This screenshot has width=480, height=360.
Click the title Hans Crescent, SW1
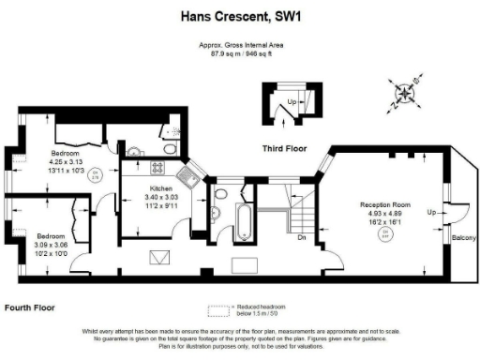click(239, 16)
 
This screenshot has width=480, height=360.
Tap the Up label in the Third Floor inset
click(292, 101)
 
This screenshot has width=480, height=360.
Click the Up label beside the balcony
click(431, 213)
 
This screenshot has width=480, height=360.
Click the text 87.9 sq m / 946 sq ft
click(239, 53)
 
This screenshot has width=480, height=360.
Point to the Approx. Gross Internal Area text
click(239, 45)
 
